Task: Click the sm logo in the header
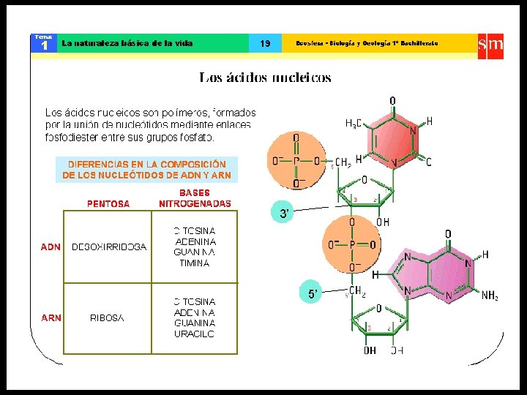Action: coord(490,44)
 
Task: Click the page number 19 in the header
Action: coord(265,44)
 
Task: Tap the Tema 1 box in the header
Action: coord(44,44)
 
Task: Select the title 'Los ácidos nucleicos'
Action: coord(265,78)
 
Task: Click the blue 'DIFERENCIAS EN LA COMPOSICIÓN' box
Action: coord(146,170)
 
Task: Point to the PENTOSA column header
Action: coord(108,203)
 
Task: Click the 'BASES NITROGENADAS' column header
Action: coord(195,198)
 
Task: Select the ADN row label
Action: coord(51,247)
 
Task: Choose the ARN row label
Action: coord(51,317)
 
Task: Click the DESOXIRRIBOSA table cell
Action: coord(108,247)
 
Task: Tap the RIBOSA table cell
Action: coord(107,317)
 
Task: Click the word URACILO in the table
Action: coord(195,334)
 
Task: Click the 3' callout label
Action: coord(284,214)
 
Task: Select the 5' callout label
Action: coord(313,293)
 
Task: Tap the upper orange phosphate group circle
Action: coord(296,161)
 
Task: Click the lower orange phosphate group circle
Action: coord(351,245)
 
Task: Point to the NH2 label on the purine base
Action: coord(490,296)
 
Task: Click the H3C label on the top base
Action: coord(355,124)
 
